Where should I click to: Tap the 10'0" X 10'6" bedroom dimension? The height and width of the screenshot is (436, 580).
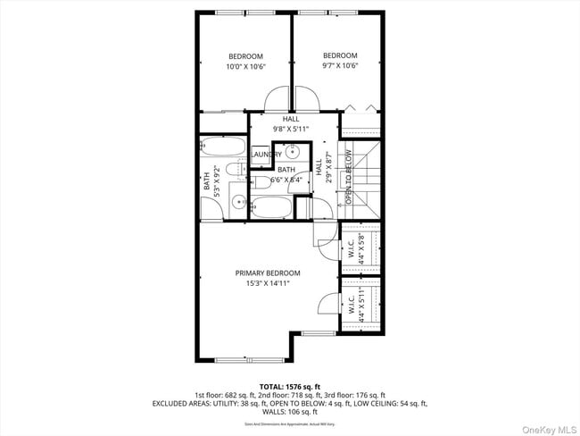pos(244,67)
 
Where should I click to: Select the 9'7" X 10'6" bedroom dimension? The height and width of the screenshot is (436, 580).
pos(340,65)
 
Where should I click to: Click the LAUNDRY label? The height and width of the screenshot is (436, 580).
pos(266,154)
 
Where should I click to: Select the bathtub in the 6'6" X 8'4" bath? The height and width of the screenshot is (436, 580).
pos(271,208)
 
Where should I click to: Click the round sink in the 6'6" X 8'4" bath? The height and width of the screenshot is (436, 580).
pos(291,152)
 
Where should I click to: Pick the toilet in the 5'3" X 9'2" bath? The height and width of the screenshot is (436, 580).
pos(234,169)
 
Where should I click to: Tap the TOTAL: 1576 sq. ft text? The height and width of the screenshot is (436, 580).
pos(290,386)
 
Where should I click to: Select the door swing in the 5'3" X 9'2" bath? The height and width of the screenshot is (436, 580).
pos(211,210)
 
